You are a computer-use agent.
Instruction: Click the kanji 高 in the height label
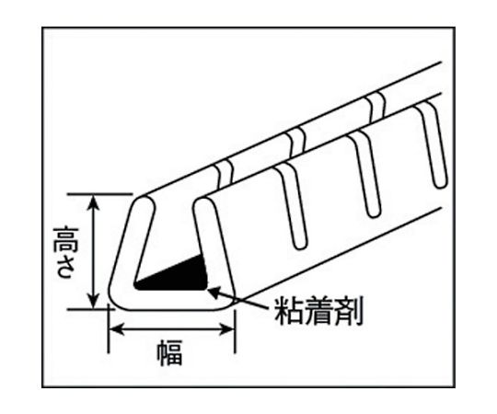pos(66,239)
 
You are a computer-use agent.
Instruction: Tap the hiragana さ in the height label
pos(66,267)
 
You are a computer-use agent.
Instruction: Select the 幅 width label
pos(170,352)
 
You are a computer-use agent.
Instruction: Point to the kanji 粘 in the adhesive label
pos(288,310)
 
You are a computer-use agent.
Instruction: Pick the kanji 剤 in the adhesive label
pos(348,310)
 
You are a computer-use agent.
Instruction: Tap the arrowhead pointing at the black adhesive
pos(214,291)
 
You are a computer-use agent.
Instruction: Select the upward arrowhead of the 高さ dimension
pos(93,202)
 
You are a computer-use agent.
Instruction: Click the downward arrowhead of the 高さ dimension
pos(93,300)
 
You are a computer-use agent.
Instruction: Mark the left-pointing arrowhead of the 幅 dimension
pos(116,329)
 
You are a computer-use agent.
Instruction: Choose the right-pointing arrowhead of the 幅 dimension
pos(227,329)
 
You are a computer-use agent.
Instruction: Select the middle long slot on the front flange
pos(364,175)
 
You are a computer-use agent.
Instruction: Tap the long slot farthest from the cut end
pos(433,145)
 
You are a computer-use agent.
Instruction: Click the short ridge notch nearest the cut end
pos(225,173)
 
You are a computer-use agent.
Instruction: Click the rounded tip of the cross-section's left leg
pos(144,202)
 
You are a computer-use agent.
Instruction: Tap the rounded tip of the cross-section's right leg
pos(203,202)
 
